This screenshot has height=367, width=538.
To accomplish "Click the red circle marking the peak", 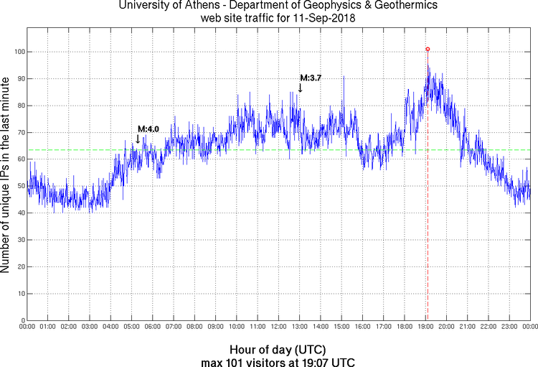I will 428,50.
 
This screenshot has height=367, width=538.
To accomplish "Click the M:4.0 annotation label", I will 148,129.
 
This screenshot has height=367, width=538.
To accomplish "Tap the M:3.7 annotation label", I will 311,78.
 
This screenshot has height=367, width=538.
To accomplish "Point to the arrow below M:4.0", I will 138,139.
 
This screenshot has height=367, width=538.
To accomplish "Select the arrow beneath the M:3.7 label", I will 300,88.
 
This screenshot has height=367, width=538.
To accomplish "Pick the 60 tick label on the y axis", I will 19,159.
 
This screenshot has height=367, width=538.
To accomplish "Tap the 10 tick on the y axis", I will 19,294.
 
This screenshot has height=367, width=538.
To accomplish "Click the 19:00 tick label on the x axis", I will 425,327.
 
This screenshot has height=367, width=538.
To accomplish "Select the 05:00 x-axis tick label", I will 131,327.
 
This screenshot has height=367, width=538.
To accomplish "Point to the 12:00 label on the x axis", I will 278,327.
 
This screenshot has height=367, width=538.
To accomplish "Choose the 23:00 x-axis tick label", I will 509,327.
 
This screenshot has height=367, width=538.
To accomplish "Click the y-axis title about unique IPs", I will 6,177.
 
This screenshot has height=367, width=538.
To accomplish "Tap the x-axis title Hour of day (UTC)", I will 278,349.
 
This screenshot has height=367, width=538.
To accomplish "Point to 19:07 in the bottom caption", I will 311,361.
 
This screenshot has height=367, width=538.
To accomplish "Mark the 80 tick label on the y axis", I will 19,106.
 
